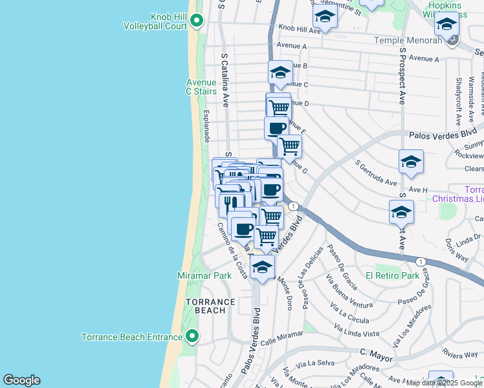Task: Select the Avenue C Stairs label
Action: coord(201,87)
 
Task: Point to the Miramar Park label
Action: coord(204,275)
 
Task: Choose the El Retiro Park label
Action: coord(392,275)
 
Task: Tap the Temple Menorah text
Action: coord(410,40)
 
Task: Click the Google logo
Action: coord(21,380)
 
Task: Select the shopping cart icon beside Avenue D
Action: coord(278,105)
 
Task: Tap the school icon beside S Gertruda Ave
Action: coord(411,162)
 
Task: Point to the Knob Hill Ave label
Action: coord(300,29)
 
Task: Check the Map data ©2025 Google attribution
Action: coord(444,383)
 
